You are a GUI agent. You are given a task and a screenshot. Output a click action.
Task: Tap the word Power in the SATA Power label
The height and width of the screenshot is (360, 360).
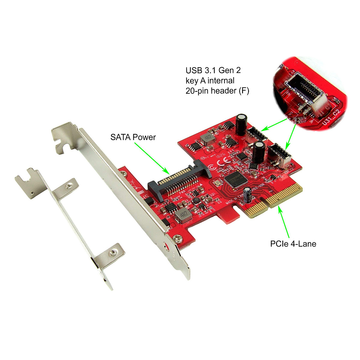(144, 137)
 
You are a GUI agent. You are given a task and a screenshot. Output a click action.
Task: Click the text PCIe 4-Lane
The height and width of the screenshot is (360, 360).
(293, 244)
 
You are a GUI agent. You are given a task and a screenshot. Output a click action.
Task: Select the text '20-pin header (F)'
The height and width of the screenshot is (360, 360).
(217, 91)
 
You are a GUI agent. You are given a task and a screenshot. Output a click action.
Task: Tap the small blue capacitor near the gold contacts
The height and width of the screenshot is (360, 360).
(248, 195)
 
